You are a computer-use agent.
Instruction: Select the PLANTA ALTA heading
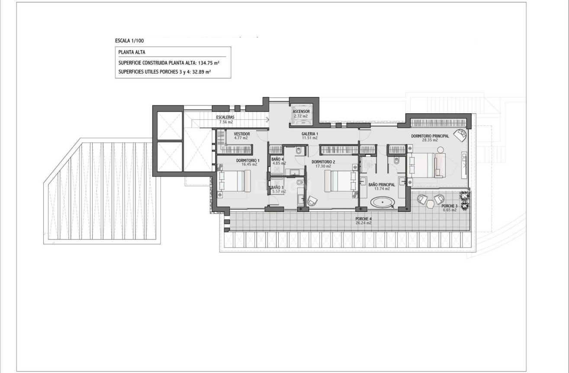[x=129, y=52]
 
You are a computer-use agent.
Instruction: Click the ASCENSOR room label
[x=301, y=112]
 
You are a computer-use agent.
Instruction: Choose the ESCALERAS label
[x=225, y=118]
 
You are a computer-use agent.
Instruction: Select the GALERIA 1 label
[x=310, y=134]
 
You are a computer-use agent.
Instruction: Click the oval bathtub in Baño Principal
[x=383, y=202]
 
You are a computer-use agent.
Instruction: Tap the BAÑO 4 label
[x=277, y=159]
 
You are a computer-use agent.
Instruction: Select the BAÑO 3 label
[x=277, y=188]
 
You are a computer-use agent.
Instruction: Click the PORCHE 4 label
[x=363, y=219]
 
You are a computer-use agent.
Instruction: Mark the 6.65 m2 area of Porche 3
[x=449, y=210]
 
